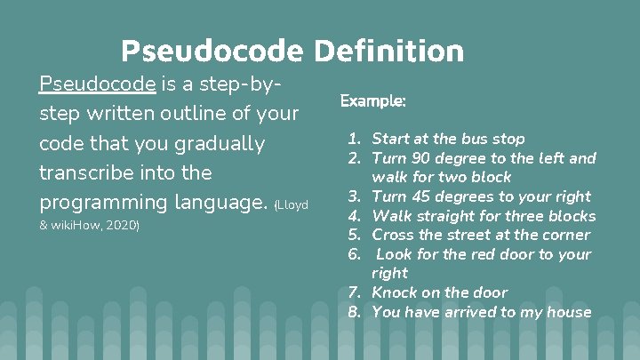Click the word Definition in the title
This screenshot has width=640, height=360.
(x=388, y=51)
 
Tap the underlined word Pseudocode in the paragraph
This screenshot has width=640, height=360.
(x=98, y=84)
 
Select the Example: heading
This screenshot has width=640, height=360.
(x=373, y=101)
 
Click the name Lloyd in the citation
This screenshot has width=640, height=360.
(x=292, y=205)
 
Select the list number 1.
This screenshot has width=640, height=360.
(x=354, y=139)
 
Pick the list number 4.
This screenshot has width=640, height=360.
(x=354, y=216)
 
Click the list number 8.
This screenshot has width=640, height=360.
(x=354, y=312)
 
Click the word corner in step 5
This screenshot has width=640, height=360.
(x=566, y=235)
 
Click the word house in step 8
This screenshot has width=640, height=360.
(x=570, y=312)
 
